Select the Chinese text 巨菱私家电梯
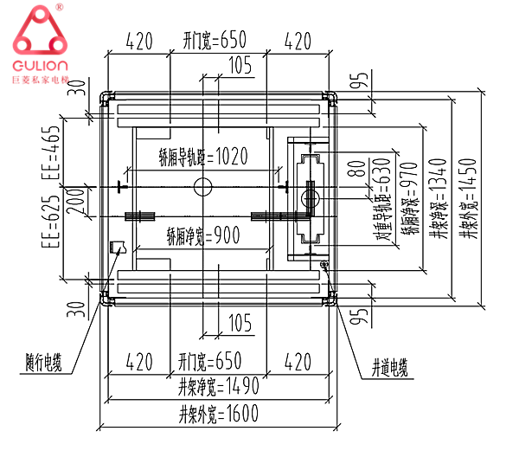point(41,80)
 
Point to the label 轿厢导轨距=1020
point(203,157)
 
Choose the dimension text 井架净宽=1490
point(218,386)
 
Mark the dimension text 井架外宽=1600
point(218,415)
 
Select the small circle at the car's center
point(202,186)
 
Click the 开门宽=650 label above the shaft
point(215,40)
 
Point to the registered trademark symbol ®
point(59,8)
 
